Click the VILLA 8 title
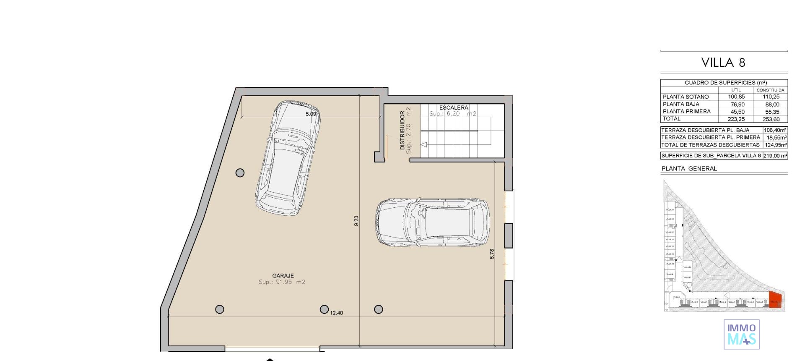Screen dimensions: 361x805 [723, 63]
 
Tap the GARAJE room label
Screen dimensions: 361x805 [283, 276]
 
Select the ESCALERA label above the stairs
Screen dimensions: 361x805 [454, 107]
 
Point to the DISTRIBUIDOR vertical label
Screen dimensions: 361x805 [402, 130]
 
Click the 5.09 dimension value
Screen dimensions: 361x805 [311, 114]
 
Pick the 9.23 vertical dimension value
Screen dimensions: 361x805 [356, 221]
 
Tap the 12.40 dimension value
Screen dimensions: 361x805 [336, 313]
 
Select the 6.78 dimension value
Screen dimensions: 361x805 [492, 254]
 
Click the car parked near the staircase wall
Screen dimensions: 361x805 [433, 222]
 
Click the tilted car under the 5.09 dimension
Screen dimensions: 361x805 [288, 157]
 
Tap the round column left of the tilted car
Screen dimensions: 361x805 [240, 173]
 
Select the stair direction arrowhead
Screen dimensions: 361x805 [424, 145]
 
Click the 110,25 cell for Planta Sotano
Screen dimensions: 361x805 [771, 97]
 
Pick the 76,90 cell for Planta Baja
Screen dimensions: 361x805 [736, 105]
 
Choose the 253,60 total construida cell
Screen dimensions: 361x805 [771, 119]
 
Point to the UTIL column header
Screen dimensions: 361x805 [736, 90]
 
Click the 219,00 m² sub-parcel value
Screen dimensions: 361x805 [775, 156]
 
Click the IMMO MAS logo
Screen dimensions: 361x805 [741, 334]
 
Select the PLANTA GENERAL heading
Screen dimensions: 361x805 [689, 169]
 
